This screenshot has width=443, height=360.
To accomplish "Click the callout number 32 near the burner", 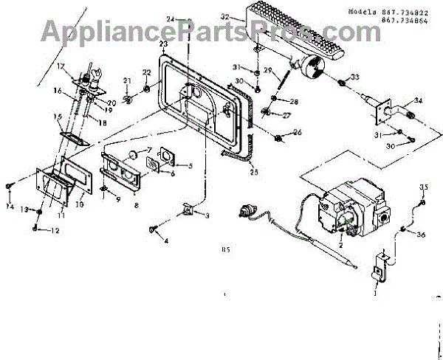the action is (224, 15).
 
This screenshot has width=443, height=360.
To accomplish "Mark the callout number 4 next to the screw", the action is (165, 240).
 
